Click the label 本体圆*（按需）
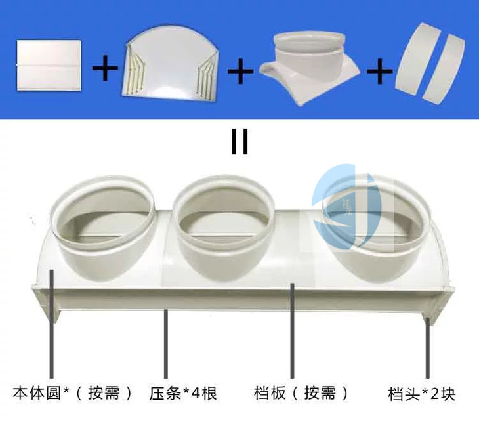click(73, 393)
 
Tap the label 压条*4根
click(183, 393)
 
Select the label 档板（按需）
click(301, 393)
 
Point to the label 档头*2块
click(422, 394)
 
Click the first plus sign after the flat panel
click(105, 68)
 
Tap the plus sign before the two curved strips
click(380, 72)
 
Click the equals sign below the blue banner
click(239, 141)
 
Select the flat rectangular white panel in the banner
click(49, 65)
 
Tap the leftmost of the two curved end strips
click(417, 58)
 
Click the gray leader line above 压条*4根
click(166, 344)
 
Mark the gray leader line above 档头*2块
click(428, 349)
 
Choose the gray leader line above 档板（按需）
click(293, 331)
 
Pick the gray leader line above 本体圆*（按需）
click(52, 324)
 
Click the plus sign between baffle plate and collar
click(240, 72)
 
